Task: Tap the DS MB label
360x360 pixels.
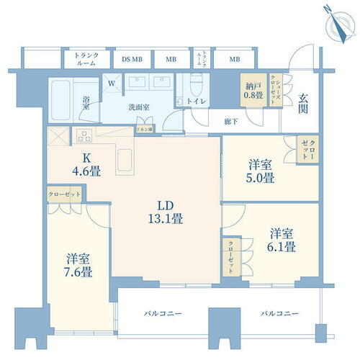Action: click(x=132, y=59)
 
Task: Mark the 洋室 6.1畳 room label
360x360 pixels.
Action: click(x=282, y=240)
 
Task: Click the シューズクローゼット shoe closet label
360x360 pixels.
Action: click(x=276, y=89)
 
